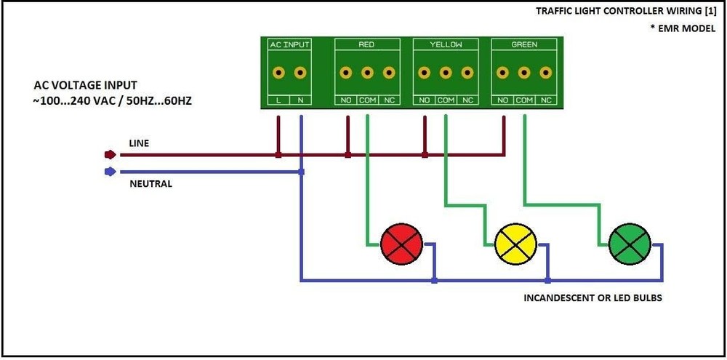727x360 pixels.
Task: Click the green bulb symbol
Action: [x=630, y=245]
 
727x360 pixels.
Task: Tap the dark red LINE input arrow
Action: [x=110, y=155]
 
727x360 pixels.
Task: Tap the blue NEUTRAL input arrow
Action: [x=110, y=172]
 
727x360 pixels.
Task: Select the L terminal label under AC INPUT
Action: [x=278, y=100]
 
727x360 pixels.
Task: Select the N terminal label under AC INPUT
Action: [x=300, y=100]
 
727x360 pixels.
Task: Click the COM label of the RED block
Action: [x=367, y=100]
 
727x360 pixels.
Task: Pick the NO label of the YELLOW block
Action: [x=424, y=100]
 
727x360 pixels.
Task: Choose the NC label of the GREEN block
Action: [x=546, y=100]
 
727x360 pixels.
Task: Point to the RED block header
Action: [x=366, y=45]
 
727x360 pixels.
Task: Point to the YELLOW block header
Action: [x=446, y=45]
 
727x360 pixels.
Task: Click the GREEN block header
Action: [x=524, y=45]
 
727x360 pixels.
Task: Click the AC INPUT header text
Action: [x=289, y=45]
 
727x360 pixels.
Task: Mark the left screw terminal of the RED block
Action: [x=346, y=73]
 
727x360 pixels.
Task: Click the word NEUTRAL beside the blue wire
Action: [x=150, y=184]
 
